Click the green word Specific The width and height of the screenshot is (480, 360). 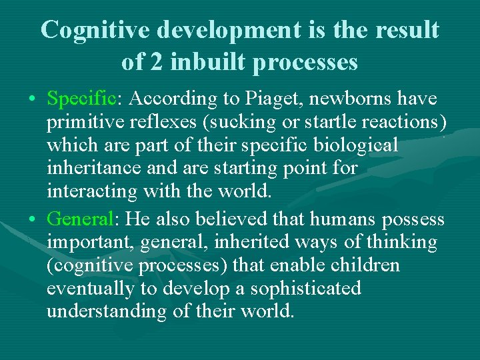click(x=81, y=100)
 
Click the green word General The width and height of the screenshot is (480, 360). click(x=80, y=219)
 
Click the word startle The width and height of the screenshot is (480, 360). click(x=337, y=123)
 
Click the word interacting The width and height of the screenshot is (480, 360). click(x=90, y=192)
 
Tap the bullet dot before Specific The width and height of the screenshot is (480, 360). click(x=33, y=100)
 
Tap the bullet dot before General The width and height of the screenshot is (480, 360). click(x=33, y=219)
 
